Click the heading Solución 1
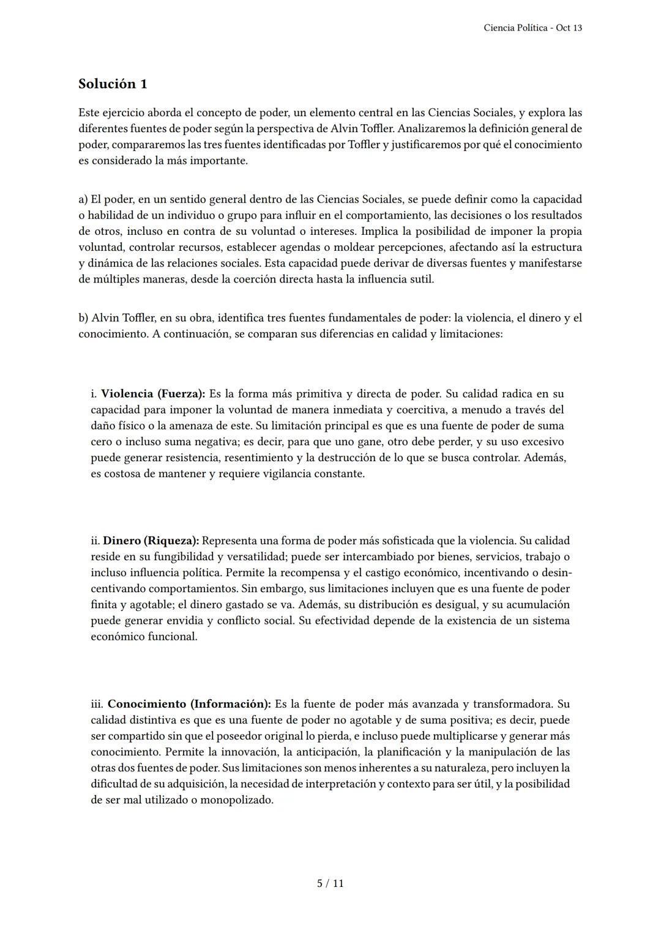[113, 84]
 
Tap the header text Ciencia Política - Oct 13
[532, 28]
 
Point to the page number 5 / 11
[330, 883]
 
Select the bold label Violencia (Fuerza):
[153, 393]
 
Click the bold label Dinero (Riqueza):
[151, 541]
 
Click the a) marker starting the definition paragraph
[83, 199]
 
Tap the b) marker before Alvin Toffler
[83, 318]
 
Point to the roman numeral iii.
[97, 704]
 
